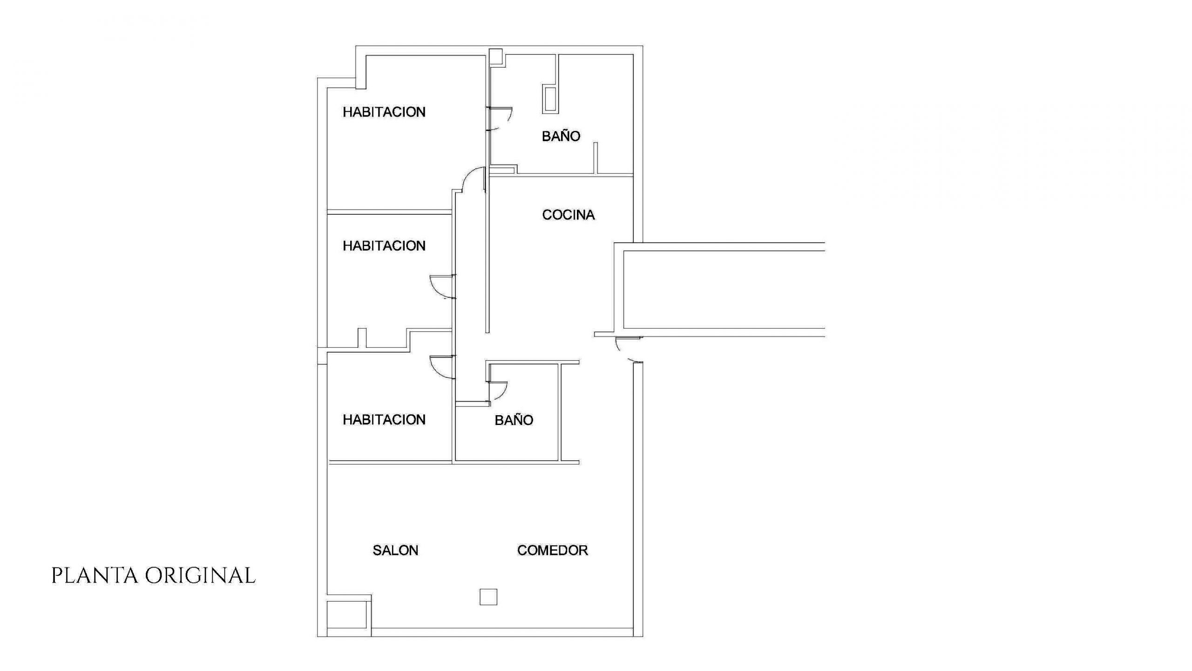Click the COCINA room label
(568, 215)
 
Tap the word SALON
(395, 550)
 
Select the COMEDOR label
(553, 550)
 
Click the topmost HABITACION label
(384, 112)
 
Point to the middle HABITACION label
(384, 246)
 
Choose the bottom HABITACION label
(384, 419)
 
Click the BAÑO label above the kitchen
(561, 136)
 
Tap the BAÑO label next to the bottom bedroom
(514, 420)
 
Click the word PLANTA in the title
(95, 576)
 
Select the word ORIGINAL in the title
(200, 576)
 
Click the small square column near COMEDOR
(488, 597)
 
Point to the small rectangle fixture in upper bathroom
(549, 99)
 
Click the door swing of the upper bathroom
(508, 120)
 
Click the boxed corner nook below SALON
(349, 615)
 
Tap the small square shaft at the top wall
(495, 56)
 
